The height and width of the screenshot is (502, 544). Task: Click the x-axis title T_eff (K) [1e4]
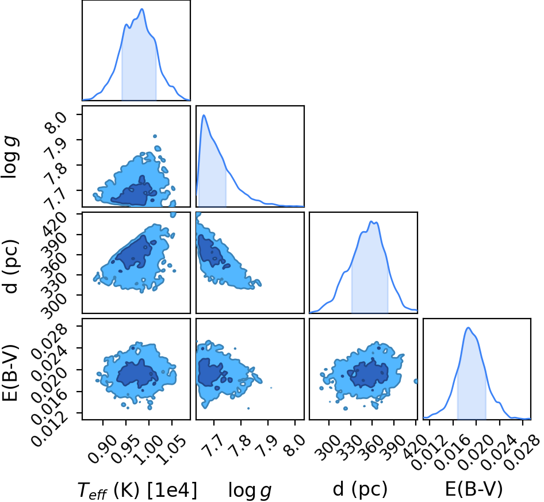pos(137,490)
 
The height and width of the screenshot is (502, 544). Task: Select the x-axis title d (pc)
pos(360,489)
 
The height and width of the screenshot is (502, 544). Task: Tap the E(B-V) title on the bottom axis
pos(474,489)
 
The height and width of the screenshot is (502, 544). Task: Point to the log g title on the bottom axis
pos(250,490)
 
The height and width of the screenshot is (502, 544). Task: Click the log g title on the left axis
pos(10,156)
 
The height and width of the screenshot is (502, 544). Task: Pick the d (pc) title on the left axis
pos(10,266)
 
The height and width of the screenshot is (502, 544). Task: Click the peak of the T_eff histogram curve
pos(142,9)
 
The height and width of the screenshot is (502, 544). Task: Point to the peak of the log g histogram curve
pos(204,115)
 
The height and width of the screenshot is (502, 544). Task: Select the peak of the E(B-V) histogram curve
pos(468,328)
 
